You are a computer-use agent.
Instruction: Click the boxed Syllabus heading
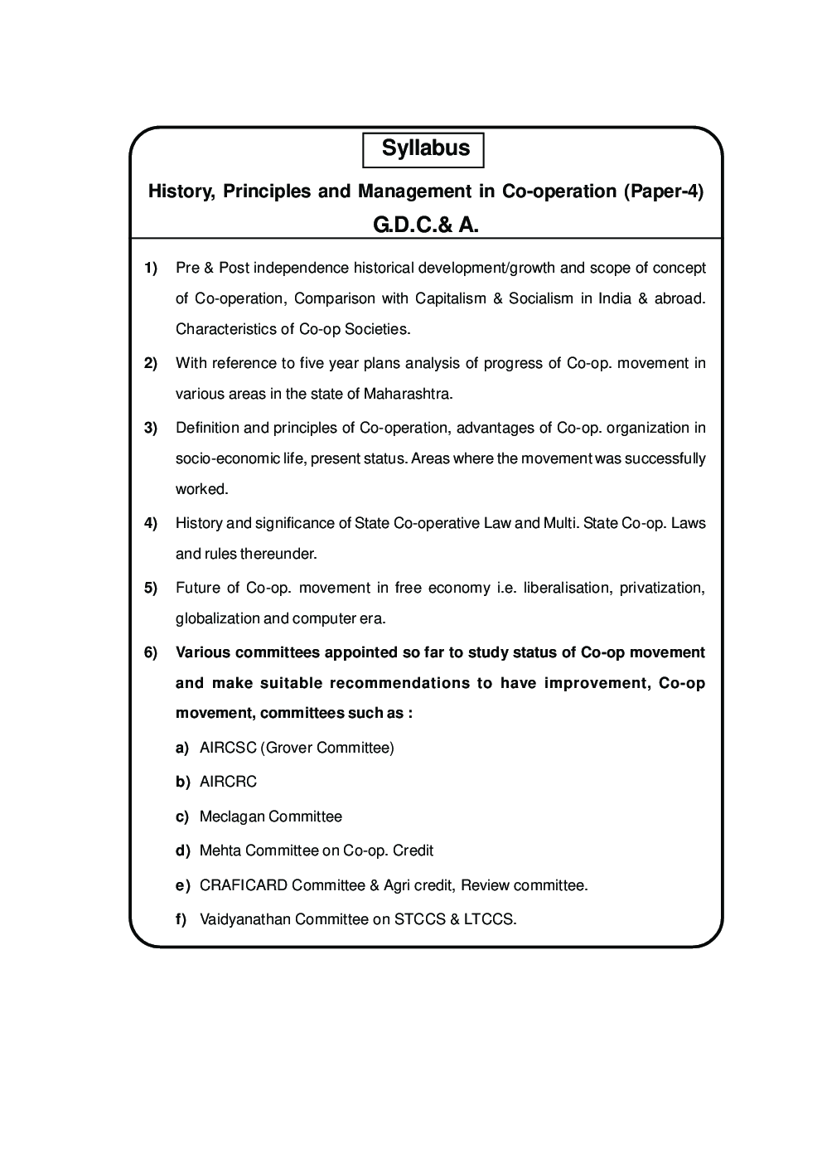[x=424, y=149]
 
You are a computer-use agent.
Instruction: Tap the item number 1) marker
[x=151, y=268]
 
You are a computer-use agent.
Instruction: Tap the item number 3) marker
[x=151, y=428]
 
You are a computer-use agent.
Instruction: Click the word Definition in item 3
[x=207, y=428]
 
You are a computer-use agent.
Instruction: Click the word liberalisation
[x=563, y=588]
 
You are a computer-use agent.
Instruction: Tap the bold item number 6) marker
[x=151, y=652]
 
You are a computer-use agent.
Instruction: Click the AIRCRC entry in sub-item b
[x=228, y=782]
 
